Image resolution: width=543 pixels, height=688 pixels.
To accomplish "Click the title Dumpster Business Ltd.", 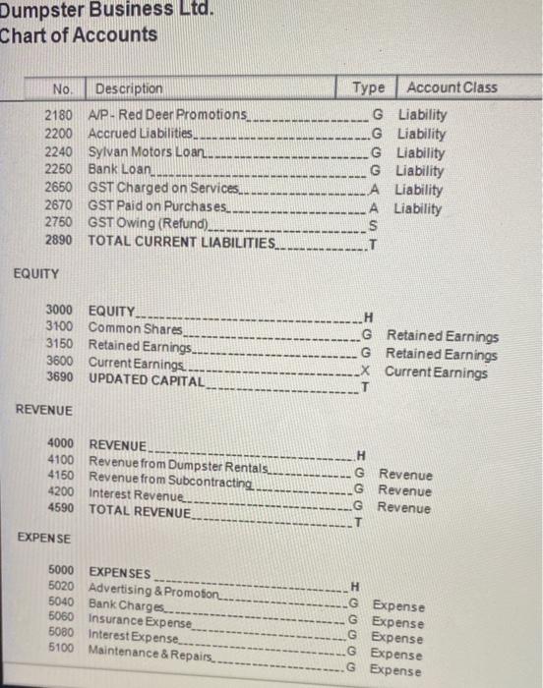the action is pyautogui.click(x=108, y=12).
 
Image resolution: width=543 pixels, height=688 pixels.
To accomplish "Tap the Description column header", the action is pyautogui.click(x=129, y=87).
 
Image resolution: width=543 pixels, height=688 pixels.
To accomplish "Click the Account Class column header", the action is pyautogui.click(x=452, y=87).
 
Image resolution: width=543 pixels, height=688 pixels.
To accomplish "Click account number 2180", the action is pyautogui.click(x=60, y=115).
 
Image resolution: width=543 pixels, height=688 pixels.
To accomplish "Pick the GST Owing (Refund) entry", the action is pyautogui.click(x=148, y=223).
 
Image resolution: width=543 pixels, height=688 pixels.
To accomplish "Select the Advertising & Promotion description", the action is pyautogui.click(x=157, y=590).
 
